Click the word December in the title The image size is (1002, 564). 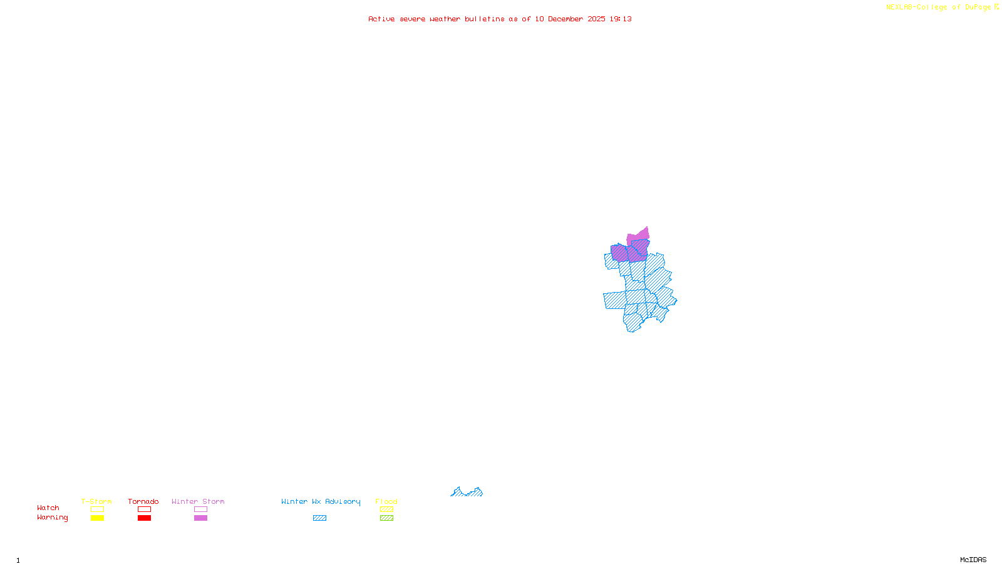(566, 19)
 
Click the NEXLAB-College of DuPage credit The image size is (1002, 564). (942, 7)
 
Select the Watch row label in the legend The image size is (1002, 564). (48, 508)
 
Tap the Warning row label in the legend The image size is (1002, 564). (52, 518)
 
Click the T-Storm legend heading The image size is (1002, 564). (96, 501)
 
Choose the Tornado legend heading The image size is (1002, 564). (143, 501)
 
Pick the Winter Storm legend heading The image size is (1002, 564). (198, 501)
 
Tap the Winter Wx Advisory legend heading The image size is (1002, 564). (321, 501)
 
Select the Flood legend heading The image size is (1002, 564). (386, 501)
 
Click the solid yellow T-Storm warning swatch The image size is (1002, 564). (97, 518)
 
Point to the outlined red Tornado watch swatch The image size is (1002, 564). (144, 509)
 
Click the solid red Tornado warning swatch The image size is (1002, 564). (144, 518)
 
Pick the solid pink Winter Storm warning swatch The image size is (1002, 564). (200, 518)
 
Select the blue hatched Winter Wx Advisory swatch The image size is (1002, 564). (319, 518)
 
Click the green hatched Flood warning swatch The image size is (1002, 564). (386, 518)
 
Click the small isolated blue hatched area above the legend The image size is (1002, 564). (467, 493)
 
